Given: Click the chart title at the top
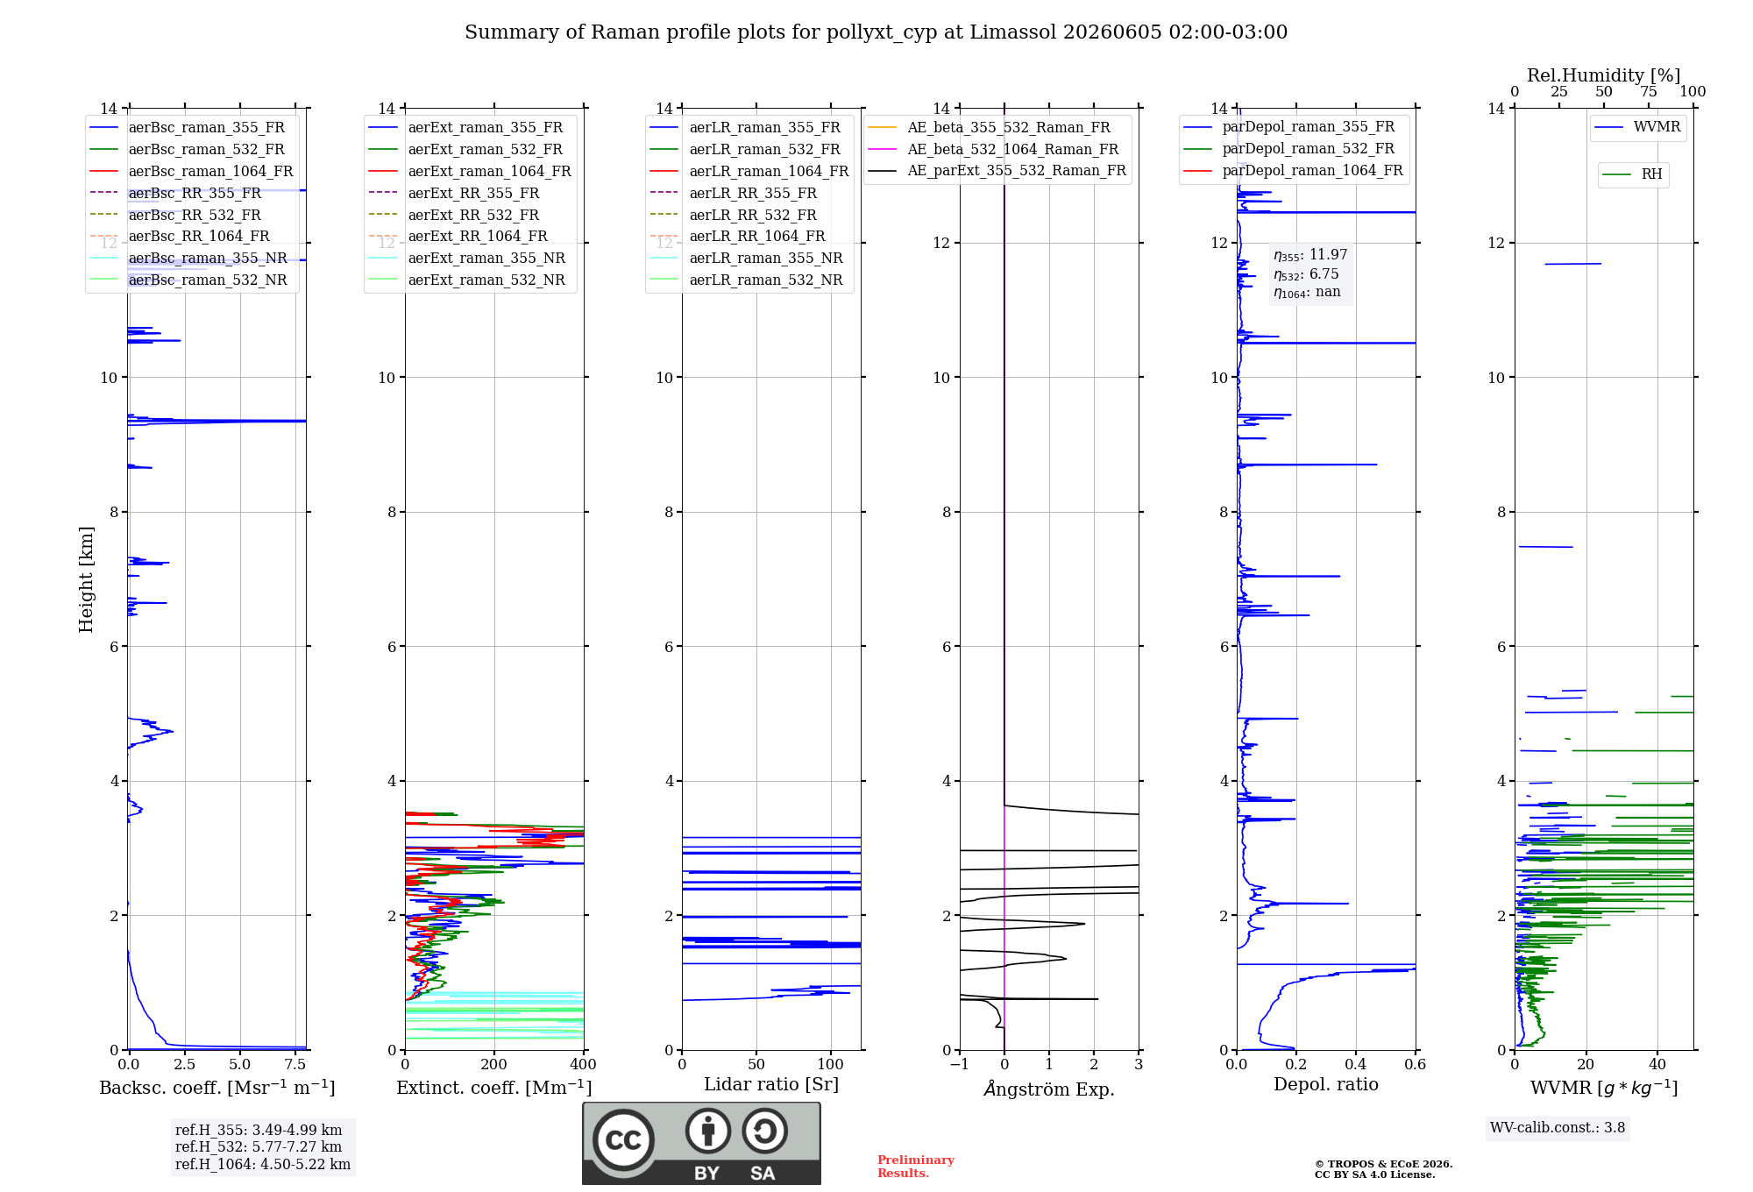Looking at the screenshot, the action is point(876,32).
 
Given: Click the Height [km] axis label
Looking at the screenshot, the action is point(86,578).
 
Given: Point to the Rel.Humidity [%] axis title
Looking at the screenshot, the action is point(1603,75).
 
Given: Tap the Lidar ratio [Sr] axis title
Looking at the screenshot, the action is point(771,1084).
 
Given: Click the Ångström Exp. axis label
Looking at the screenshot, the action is point(1049,1089).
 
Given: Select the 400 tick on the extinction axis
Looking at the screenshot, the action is point(583,1065).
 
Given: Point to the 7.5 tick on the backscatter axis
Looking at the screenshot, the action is point(295,1065).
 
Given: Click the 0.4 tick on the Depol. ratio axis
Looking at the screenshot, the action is point(1356,1065).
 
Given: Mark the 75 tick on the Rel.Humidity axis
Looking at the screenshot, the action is point(1649,91).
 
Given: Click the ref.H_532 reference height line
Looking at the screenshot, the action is point(259,1146).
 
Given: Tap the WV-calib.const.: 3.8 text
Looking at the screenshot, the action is point(1558,1128).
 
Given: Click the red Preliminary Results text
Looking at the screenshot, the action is point(916,1167).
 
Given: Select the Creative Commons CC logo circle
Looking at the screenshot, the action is point(623,1140).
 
